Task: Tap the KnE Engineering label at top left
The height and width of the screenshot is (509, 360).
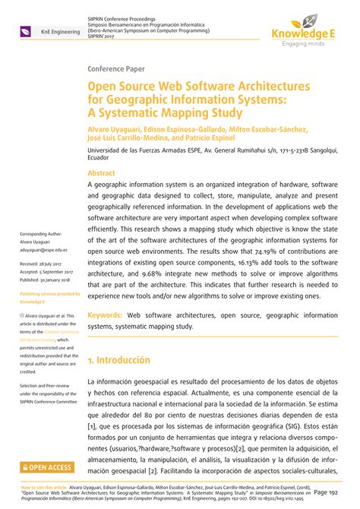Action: tap(46, 32)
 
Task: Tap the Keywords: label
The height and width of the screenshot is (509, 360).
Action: tap(106, 313)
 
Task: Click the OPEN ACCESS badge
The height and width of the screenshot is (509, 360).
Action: tap(46, 467)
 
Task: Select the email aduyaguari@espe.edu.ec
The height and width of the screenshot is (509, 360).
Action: tap(44, 248)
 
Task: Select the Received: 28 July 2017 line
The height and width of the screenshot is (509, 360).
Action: tap(44, 263)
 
